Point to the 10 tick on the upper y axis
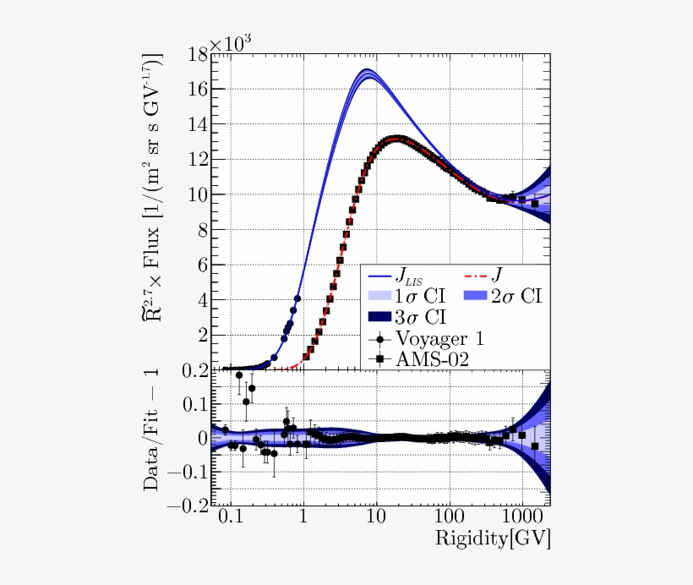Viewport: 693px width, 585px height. click(197, 194)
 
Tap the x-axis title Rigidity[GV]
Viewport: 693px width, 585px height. click(493, 538)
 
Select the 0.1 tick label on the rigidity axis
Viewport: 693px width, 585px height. click(228, 515)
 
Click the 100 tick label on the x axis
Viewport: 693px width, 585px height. click(450, 515)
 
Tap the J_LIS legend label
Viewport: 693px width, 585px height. click(419, 276)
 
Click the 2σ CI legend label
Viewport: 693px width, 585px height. click(517, 297)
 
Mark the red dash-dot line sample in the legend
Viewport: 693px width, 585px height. click(483, 276)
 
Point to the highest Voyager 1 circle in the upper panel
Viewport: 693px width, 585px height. click(297, 298)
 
